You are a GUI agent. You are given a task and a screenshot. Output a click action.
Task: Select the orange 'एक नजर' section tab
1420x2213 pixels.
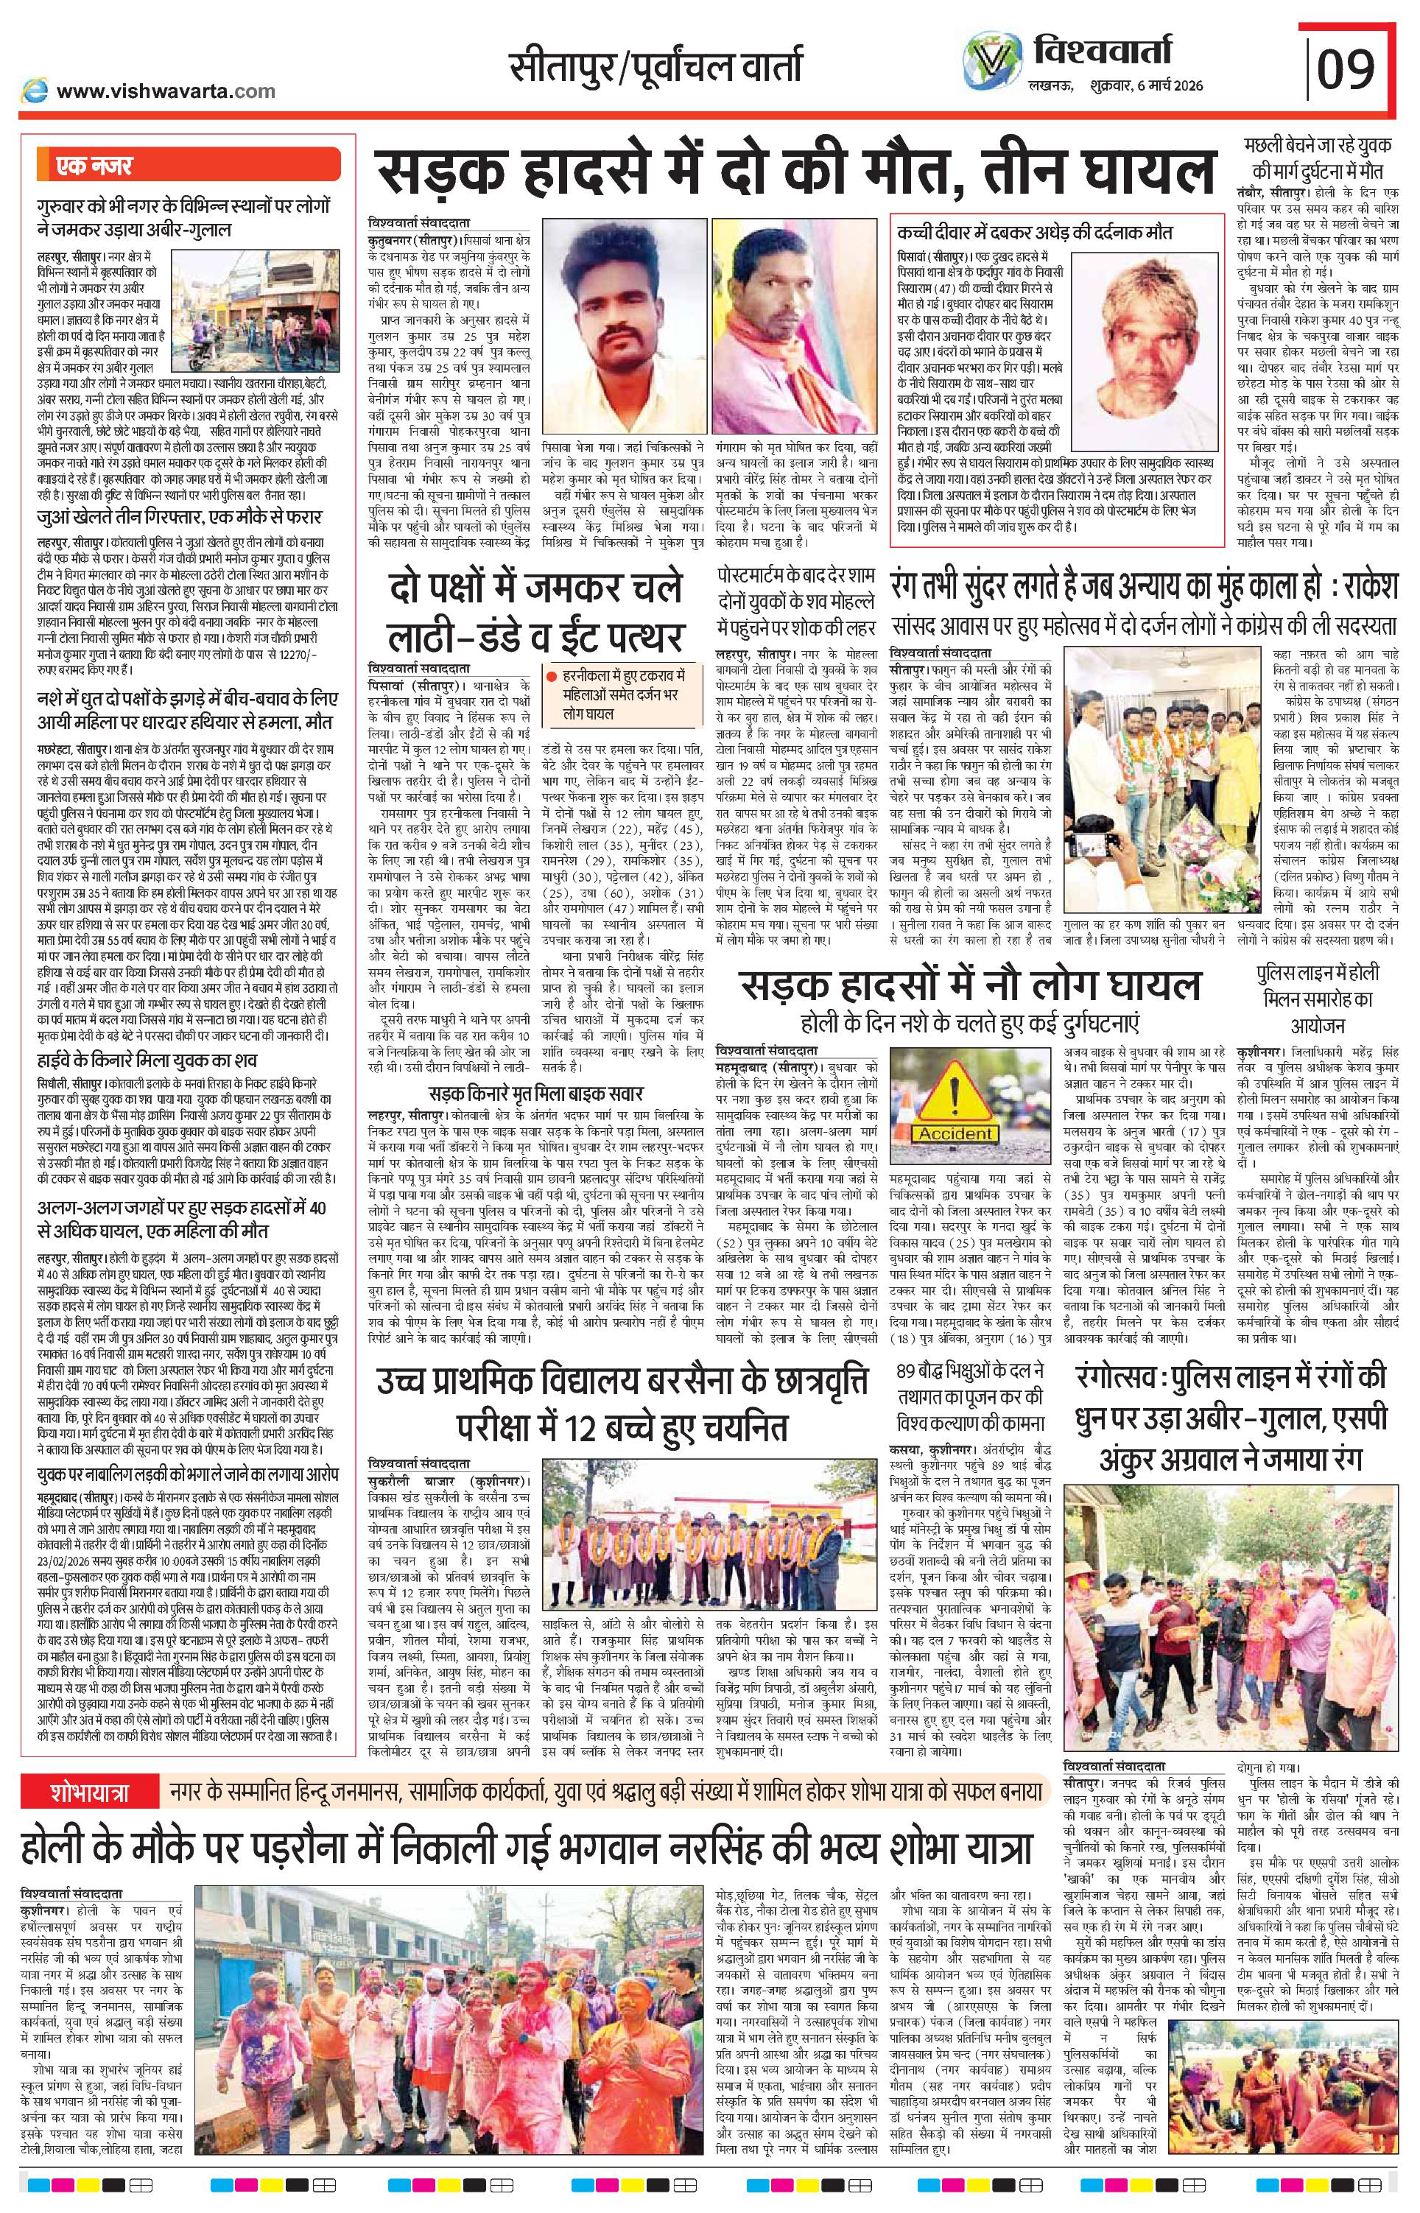coord(88,167)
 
